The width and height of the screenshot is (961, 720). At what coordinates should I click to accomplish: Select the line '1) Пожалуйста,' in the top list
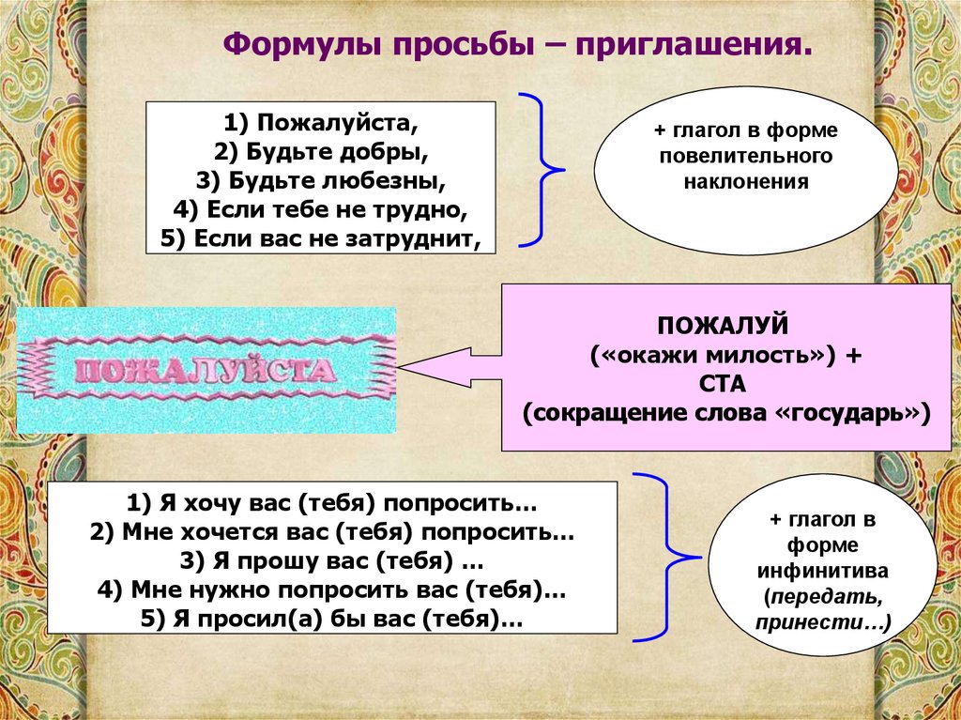pos(320,123)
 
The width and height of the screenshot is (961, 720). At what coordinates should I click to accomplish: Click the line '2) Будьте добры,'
pos(320,151)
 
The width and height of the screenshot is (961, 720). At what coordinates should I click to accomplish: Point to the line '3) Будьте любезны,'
pos(320,180)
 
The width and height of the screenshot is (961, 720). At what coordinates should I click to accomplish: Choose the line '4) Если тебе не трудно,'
pos(320,209)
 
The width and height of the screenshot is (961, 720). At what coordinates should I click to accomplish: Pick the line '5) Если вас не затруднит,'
pos(320,238)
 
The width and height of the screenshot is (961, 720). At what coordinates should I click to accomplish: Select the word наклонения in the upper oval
pos(746,179)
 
